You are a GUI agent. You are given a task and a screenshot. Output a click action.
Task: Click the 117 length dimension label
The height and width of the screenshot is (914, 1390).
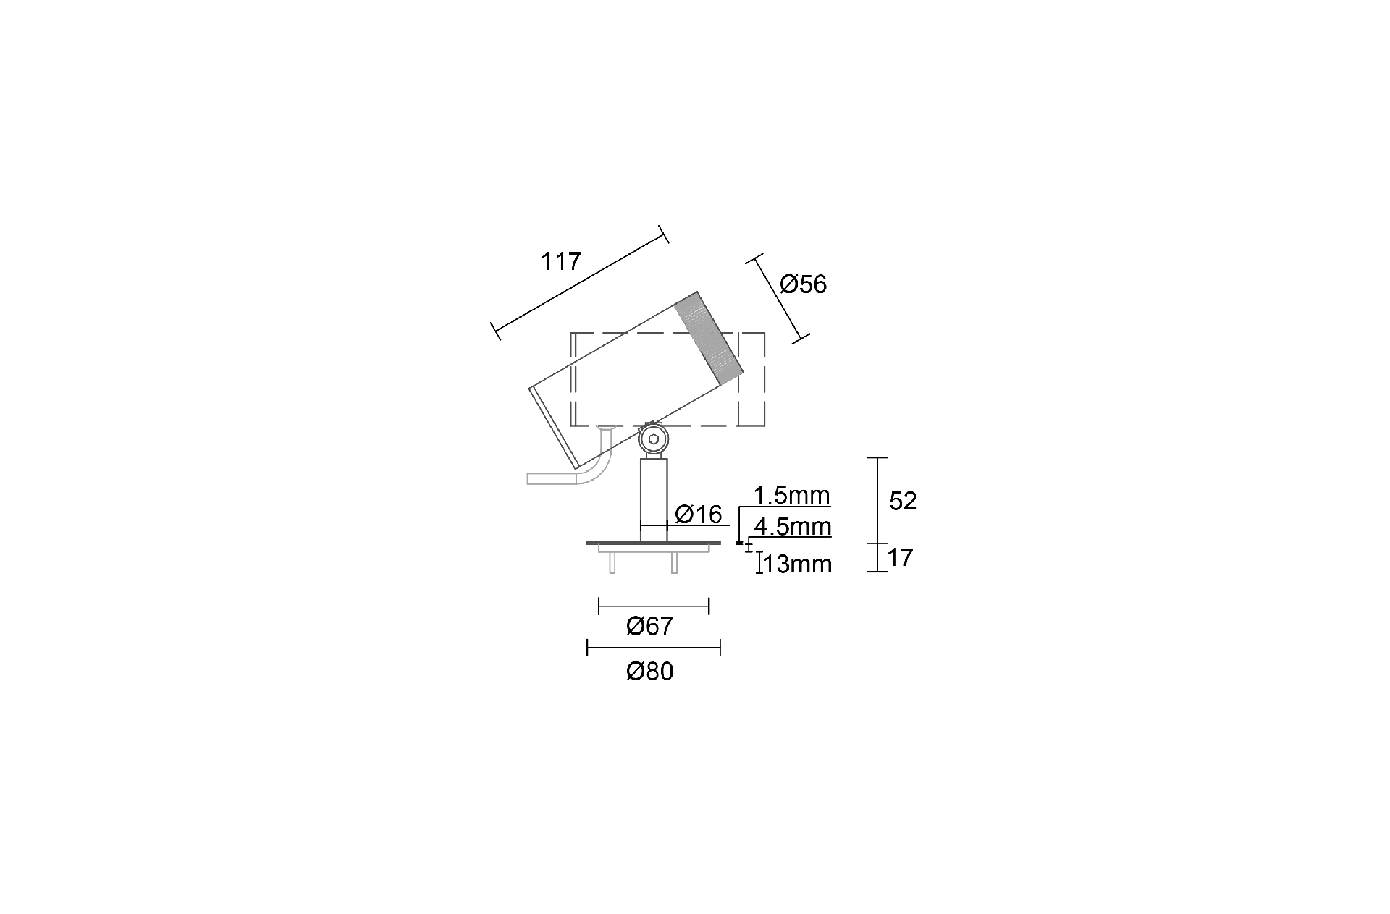[x=561, y=261]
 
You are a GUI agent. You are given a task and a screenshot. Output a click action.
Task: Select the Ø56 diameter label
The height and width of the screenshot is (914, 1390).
[x=804, y=284]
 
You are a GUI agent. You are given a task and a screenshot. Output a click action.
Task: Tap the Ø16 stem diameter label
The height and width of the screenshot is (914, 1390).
[x=699, y=515]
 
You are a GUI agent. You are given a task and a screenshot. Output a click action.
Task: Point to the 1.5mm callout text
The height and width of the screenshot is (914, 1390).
[x=791, y=496]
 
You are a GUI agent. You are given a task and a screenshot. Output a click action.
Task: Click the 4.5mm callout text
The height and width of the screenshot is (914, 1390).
[x=792, y=526]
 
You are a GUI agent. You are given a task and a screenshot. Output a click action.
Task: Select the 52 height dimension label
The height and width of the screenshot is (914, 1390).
[x=903, y=501]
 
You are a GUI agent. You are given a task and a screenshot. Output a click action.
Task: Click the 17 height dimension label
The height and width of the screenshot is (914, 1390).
[x=901, y=557]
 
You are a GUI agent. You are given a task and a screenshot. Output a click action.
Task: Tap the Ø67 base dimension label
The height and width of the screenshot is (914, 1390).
[x=650, y=626]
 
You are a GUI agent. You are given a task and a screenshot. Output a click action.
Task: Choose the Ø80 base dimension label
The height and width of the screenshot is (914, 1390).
[x=650, y=672]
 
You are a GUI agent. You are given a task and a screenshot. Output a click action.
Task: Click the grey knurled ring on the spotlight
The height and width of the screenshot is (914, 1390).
[x=709, y=338]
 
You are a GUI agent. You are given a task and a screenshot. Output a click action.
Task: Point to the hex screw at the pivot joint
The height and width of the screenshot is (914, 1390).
[x=654, y=439]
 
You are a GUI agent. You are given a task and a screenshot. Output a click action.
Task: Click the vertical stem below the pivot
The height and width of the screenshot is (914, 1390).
[x=654, y=500]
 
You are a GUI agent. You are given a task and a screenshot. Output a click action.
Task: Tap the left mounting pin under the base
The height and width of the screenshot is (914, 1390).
[x=612, y=563]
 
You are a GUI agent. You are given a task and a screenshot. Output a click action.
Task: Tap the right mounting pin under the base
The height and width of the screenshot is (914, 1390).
[x=674, y=563]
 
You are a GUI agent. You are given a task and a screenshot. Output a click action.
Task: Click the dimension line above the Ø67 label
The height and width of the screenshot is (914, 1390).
[x=654, y=606]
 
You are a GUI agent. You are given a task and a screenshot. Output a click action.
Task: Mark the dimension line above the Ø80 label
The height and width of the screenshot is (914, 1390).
[x=654, y=648]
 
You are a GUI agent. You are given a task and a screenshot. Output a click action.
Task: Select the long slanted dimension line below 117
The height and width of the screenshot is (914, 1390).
[x=579, y=283]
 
